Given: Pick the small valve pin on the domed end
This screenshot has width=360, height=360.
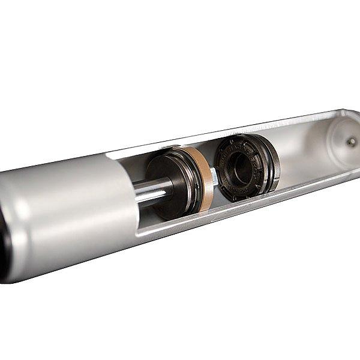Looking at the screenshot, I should [x=351, y=142].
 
